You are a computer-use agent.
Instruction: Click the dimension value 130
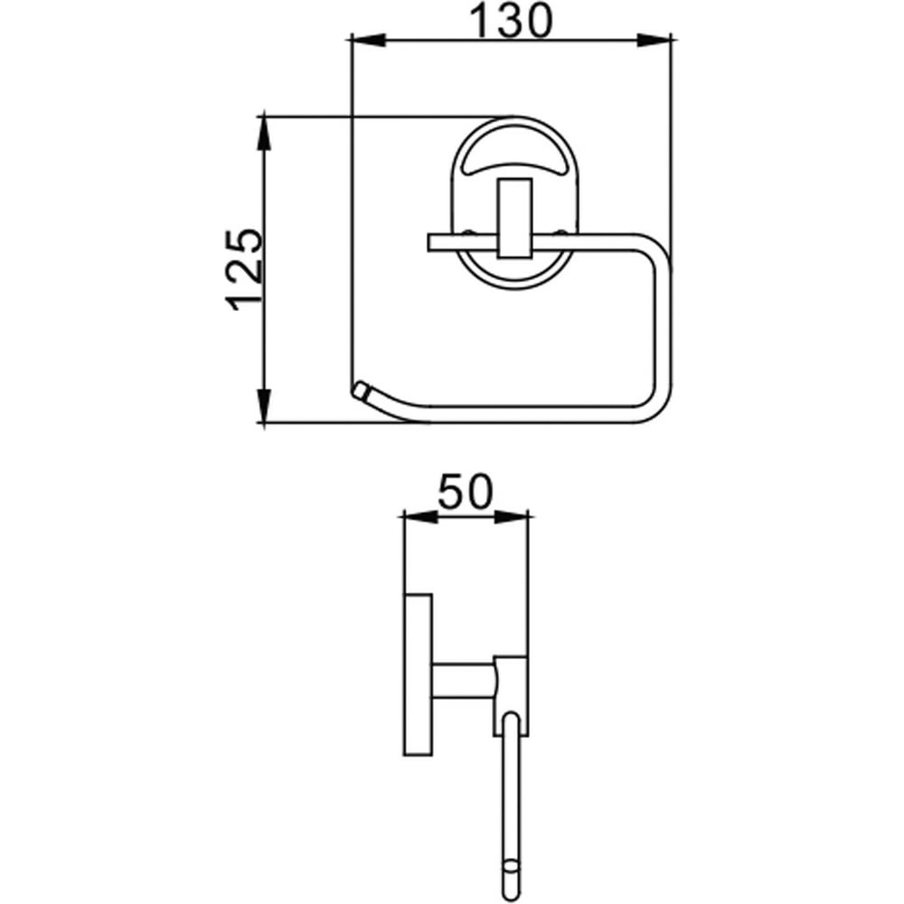point(511,22)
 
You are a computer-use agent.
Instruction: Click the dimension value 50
point(466,492)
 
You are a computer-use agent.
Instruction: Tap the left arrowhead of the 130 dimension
point(367,40)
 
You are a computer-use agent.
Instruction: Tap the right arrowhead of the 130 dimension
point(654,40)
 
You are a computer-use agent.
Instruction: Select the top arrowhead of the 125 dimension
point(263,133)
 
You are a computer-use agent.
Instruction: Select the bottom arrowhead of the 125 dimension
point(263,406)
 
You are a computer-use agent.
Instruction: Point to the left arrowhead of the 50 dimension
point(420,516)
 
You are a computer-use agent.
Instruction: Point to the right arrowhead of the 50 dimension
point(512,516)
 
